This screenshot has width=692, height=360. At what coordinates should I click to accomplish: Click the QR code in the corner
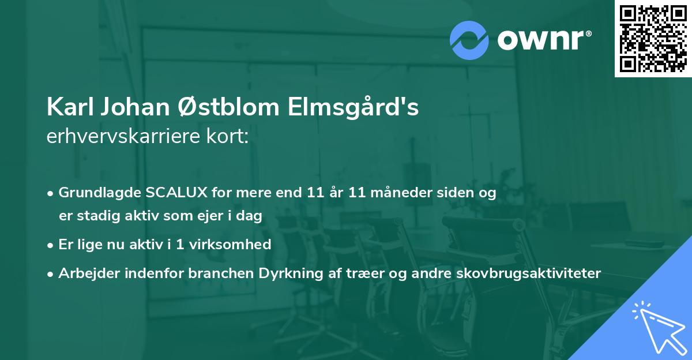(653, 39)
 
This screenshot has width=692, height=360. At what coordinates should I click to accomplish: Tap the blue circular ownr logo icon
(469, 40)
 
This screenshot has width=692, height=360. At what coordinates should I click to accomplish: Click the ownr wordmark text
(543, 40)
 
